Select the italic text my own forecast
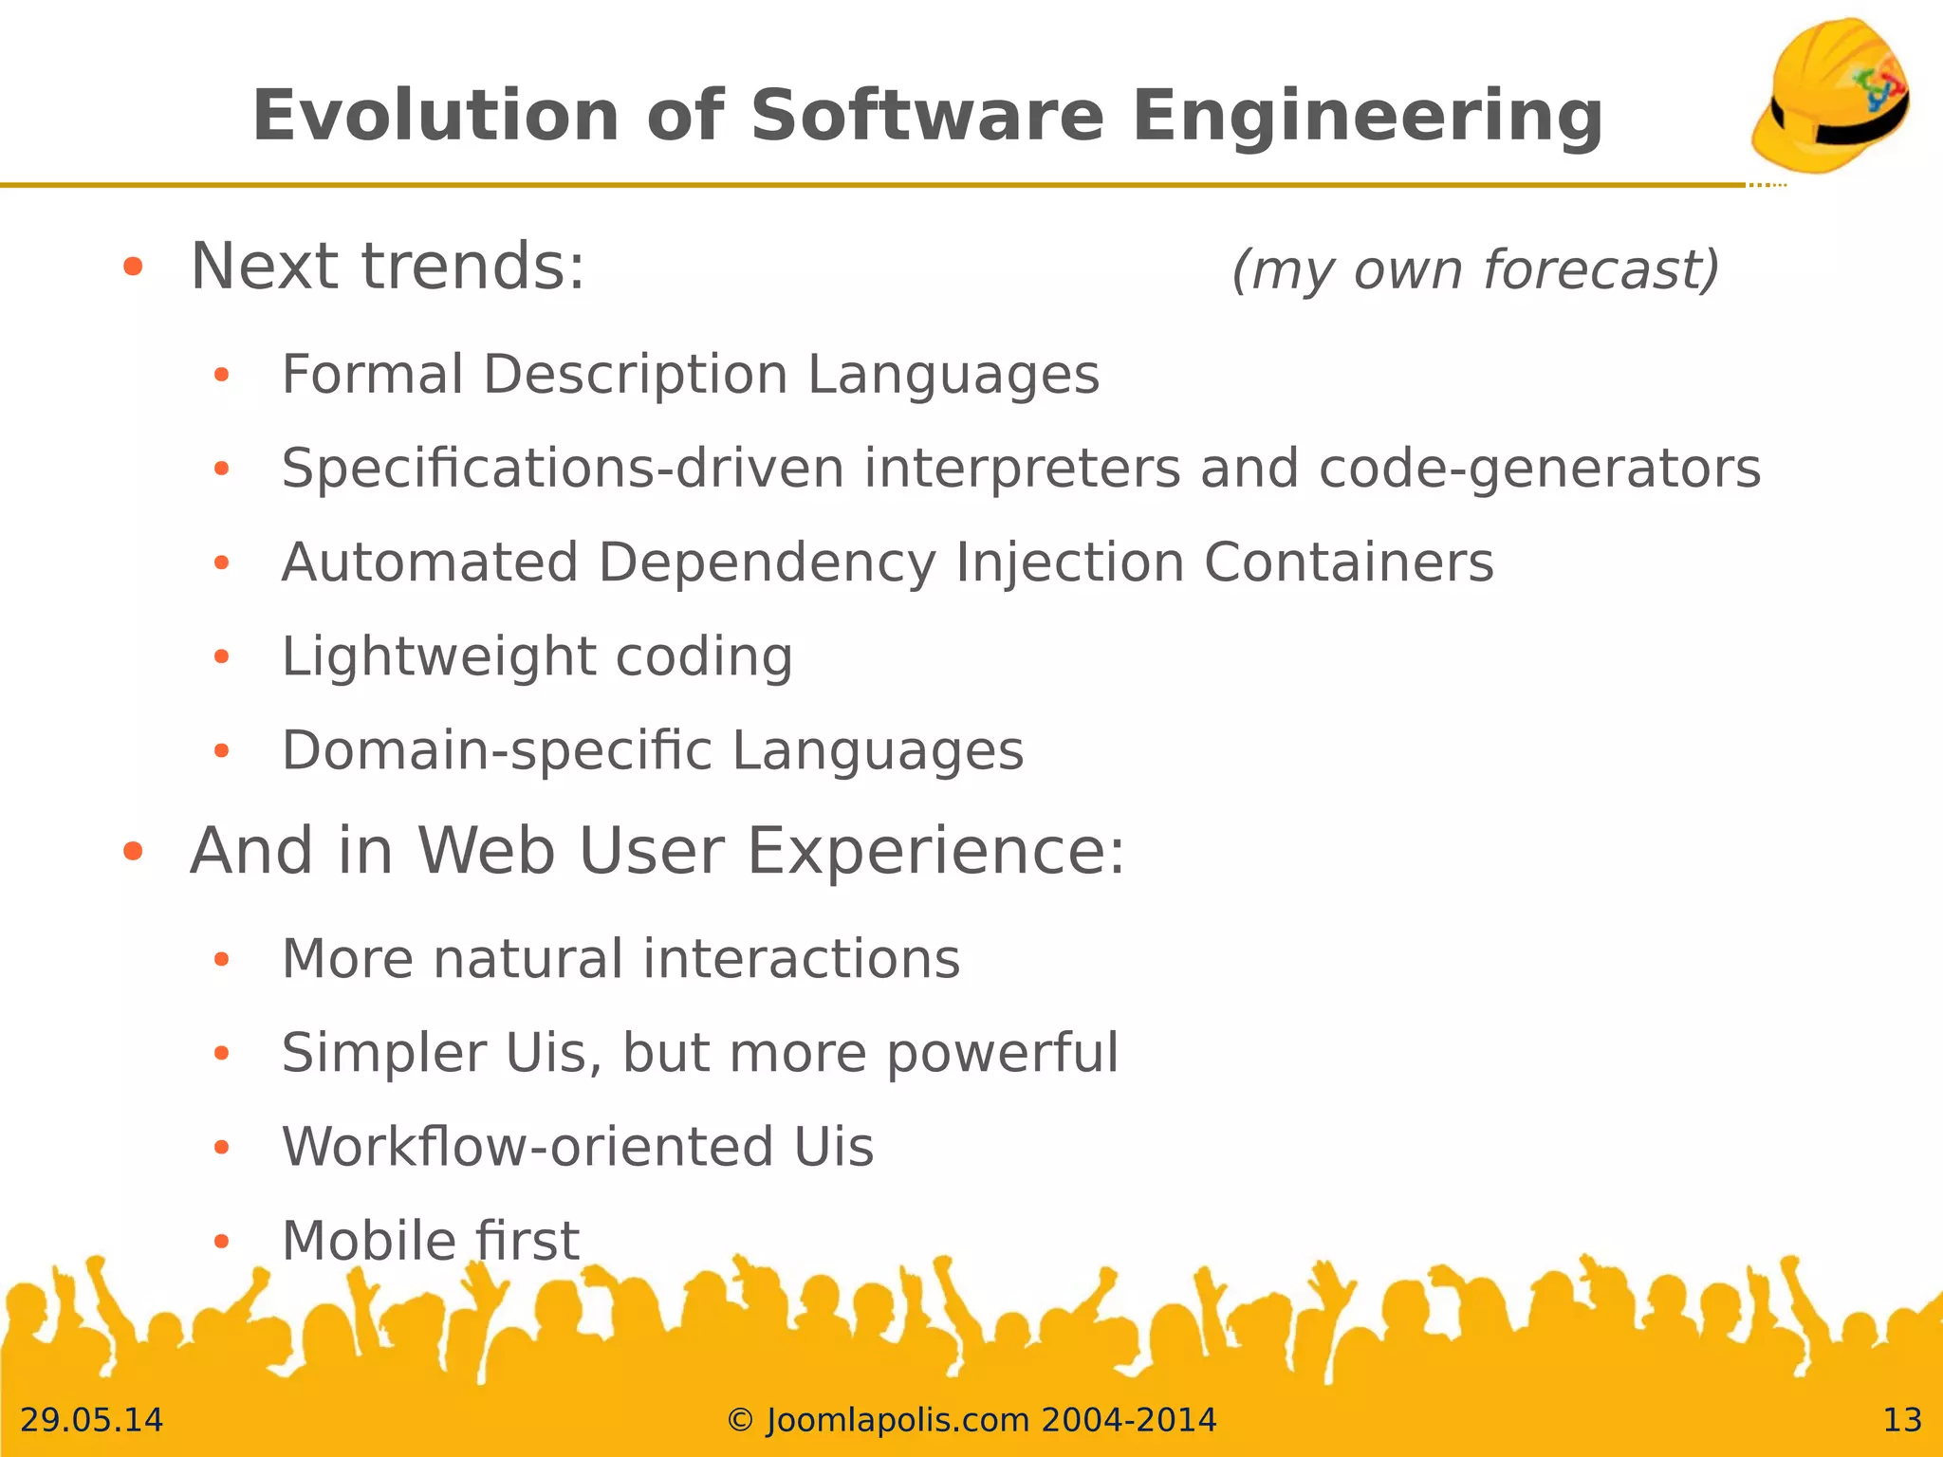[1475, 269]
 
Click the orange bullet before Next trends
[133, 267]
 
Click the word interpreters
[1022, 469]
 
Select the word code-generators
[1539, 469]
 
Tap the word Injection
[1070, 563]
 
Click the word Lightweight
[438, 657]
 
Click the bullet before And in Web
[133, 852]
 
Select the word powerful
[1003, 1053]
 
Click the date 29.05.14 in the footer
[92, 1420]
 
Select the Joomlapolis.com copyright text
[971, 1420]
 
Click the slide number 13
[1901, 1420]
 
